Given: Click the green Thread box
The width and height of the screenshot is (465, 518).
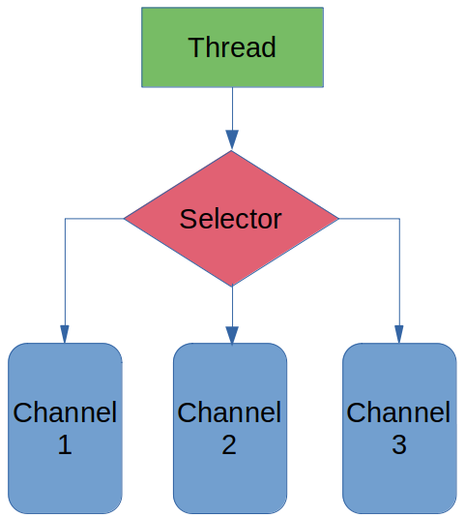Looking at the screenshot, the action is (232, 47).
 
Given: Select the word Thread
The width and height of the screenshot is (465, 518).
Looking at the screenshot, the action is (232, 47).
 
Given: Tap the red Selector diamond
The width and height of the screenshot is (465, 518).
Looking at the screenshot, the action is (231, 218).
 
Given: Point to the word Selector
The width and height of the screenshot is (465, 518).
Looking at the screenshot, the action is (230, 219).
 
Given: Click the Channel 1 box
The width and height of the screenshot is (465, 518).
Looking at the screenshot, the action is (65, 428).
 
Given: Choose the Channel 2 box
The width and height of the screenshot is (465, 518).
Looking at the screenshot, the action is (230, 428).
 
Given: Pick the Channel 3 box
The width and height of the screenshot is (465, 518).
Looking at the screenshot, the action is (399, 428).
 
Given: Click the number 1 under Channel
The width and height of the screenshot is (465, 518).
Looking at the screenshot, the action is (65, 444).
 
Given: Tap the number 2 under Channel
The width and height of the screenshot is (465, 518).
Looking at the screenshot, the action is (229, 444).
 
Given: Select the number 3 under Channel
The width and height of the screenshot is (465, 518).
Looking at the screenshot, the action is (399, 444).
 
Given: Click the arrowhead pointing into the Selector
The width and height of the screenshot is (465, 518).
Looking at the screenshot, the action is (232, 139).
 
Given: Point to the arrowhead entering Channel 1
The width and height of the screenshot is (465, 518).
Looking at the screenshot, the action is (65, 334).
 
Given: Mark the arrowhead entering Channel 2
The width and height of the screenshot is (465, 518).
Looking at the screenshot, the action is (232, 335).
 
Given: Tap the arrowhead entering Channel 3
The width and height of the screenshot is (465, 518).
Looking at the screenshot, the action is (399, 334).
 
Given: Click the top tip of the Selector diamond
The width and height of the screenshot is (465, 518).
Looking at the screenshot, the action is (231, 151).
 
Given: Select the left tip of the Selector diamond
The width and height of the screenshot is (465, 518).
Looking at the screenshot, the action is (125, 219).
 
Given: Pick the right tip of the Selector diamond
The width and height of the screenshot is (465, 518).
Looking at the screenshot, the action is (338, 219).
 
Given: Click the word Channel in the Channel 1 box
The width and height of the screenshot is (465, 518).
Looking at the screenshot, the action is (65, 412).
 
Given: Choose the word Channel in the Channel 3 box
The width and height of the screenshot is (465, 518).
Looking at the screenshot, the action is (398, 412).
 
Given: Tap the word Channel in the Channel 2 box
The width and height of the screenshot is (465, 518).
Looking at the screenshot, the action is (229, 412).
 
